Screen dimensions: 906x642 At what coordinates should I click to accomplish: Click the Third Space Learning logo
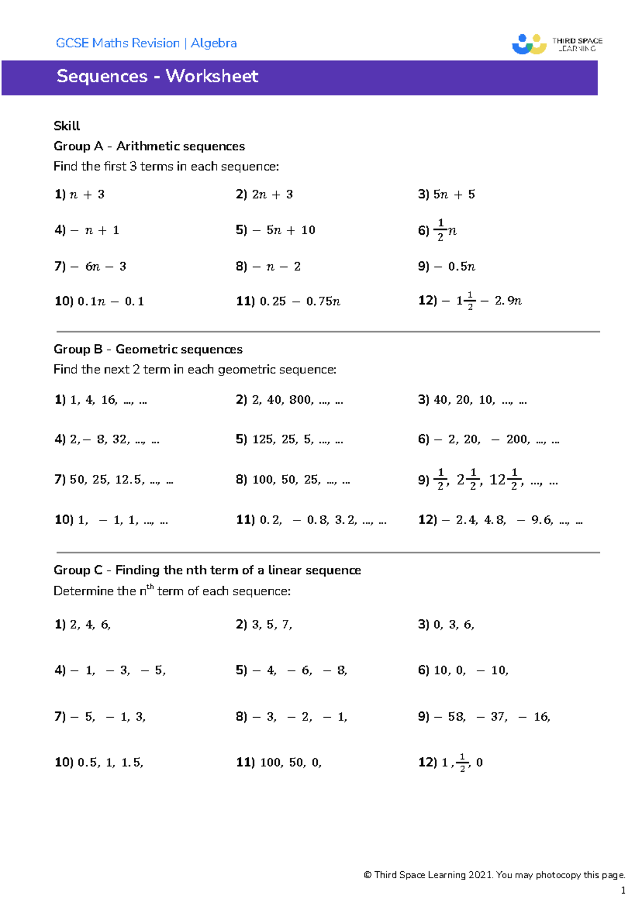pos(556,44)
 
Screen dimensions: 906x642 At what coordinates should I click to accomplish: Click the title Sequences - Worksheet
pos(157,76)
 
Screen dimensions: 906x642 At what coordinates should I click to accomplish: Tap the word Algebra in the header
pos(213,43)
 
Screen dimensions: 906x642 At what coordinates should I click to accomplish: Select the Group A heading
pos(149,146)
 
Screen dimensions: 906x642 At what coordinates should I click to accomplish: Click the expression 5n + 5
pos(454,194)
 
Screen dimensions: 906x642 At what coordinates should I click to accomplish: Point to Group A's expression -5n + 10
pos(284,230)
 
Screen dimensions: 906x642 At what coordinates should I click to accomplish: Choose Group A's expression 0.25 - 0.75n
pos(300,301)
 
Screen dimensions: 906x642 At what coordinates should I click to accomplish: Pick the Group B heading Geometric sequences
pos(179,349)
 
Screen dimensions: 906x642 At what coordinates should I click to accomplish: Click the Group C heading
pos(207,570)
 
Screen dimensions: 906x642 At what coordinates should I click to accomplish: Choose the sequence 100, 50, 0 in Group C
pos(291,762)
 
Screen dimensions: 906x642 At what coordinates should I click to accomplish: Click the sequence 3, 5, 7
pos(272,624)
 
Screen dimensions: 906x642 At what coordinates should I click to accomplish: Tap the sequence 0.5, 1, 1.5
pos(110,762)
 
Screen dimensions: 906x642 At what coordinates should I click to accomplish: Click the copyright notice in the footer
pos(494,875)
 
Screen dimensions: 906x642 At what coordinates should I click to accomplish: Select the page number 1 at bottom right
pos(623,890)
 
